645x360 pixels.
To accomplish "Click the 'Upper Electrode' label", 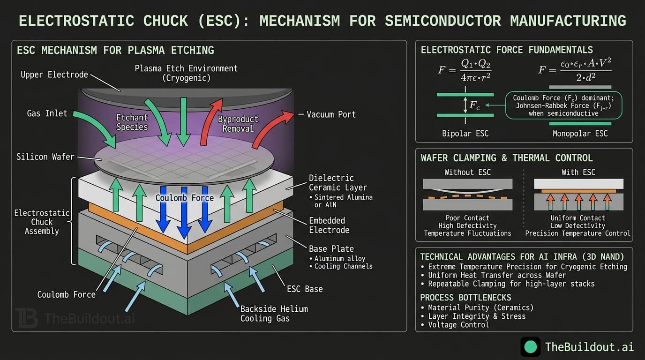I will click(x=54, y=75).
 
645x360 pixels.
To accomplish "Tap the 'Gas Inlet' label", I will click(x=46, y=113).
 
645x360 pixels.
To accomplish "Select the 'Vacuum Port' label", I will click(x=331, y=114).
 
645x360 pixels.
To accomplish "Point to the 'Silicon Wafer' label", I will click(x=45, y=157).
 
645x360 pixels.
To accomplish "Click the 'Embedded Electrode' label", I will click(x=327, y=225).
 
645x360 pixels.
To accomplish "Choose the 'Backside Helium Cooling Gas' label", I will click(x=274, y=314).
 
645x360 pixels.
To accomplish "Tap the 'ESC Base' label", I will click(x=305, y=289).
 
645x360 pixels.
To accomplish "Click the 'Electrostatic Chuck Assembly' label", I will click(x=42, y=222).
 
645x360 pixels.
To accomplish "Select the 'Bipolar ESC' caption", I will click(x=465, y=134).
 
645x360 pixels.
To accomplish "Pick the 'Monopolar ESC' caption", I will click(x=580, y=134).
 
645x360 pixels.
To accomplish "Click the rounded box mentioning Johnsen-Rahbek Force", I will click(x=564, y=105).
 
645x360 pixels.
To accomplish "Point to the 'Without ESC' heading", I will click(x=467, y=172).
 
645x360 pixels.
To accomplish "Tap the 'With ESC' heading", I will click(x=578, y=172).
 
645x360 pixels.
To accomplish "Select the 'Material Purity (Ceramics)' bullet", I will click(x=480, y=307).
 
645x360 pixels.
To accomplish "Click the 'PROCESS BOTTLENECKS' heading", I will click(x=465, y=298).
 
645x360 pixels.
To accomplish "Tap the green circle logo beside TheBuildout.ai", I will click(x=531, y=347).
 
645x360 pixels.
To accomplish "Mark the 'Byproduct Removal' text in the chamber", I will click(x=238, y=124).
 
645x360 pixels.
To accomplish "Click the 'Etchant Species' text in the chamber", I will click(x=132, y=122).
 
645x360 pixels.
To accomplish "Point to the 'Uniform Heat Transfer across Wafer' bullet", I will click(x=496, y=275).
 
